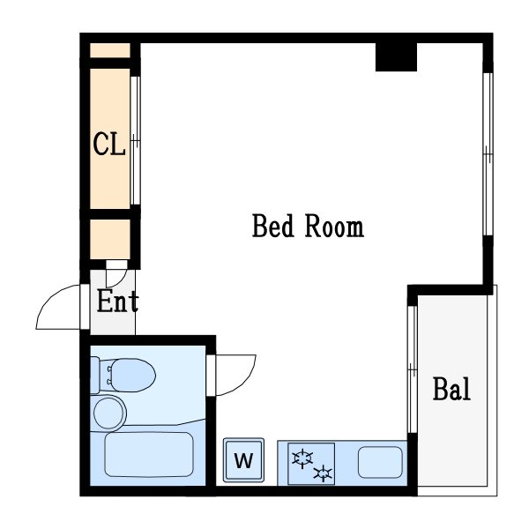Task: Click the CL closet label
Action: (109, 144)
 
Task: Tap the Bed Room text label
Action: (308, 226)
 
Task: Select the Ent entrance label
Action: (118, 301)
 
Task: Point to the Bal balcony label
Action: (451, 389)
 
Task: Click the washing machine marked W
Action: (243, 460)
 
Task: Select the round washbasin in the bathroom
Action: (108, 413)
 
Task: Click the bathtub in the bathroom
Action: (149, 454)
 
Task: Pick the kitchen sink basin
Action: (380, 462)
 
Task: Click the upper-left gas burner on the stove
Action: (302, 458)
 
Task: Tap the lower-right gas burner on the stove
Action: (323, 473)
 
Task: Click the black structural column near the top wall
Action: (396, 57)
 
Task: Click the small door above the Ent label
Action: (116, 273)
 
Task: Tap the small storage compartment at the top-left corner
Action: (110, 50)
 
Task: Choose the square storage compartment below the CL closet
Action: (110, 240)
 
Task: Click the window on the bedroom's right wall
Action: (488, 153)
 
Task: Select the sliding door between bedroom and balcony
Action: (413, 369)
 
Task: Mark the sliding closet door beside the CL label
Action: (135, 141)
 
